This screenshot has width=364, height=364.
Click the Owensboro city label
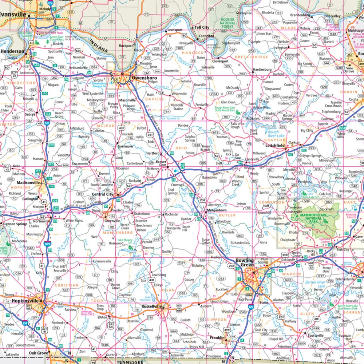click(144, 78)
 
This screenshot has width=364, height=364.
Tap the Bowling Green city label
click(245, 263)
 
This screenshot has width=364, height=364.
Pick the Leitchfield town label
click(275, 146)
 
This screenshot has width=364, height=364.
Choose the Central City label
click(102, 194)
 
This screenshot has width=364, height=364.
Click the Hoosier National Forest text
click(227, 23)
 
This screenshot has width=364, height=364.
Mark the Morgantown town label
click(217, 210)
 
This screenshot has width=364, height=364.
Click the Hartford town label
click(153, 154)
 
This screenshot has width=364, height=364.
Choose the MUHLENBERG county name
click(117, 232)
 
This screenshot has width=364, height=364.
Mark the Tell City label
click(202, 28)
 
